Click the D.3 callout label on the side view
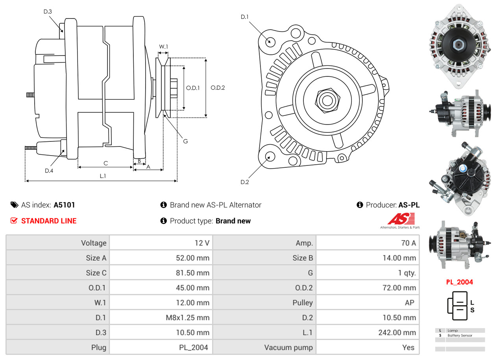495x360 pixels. (48, 12)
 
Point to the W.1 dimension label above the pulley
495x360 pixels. (163, 47)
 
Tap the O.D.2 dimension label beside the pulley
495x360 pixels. (218, 88)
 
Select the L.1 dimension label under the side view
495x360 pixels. (102, 176)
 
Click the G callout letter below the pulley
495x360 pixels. (185, 141)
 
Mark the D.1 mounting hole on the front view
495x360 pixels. (270, 41)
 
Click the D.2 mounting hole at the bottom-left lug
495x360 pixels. (270, 156)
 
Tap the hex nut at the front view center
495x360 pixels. (327, 100)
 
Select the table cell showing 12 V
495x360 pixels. (202, 243)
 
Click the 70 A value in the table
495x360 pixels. (408, 243)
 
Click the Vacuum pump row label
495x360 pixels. (288, 347)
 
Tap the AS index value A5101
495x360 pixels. (65, 205)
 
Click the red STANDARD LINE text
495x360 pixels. (49, 221)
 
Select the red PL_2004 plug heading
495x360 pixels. (459, 282)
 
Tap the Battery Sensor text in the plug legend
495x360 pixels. (460, 336)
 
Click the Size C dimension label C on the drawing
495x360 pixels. (105, 163)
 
